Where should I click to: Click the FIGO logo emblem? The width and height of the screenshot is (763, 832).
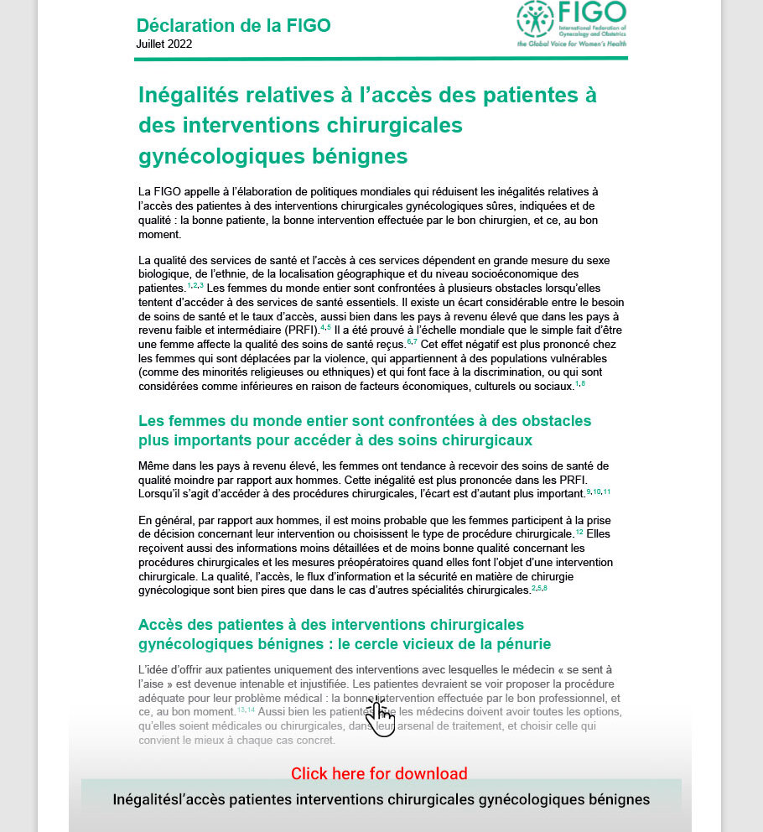pyautogui.click(x=535, y=18)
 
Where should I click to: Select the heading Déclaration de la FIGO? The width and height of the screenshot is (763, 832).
pyautogui.click(x=233, y=25)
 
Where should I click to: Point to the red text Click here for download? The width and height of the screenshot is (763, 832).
pyautogui.click(x=379, y=773)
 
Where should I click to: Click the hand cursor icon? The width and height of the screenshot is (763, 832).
pyautogui.click(x=380, y=718)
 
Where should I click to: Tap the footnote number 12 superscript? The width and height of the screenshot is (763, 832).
pyautogui.click(x=579, y=532)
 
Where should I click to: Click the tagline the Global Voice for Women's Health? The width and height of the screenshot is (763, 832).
pyautogui.click(x=571, y=44)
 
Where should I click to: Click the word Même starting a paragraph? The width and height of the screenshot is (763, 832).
pyautogui.click(x=156, y=465)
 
